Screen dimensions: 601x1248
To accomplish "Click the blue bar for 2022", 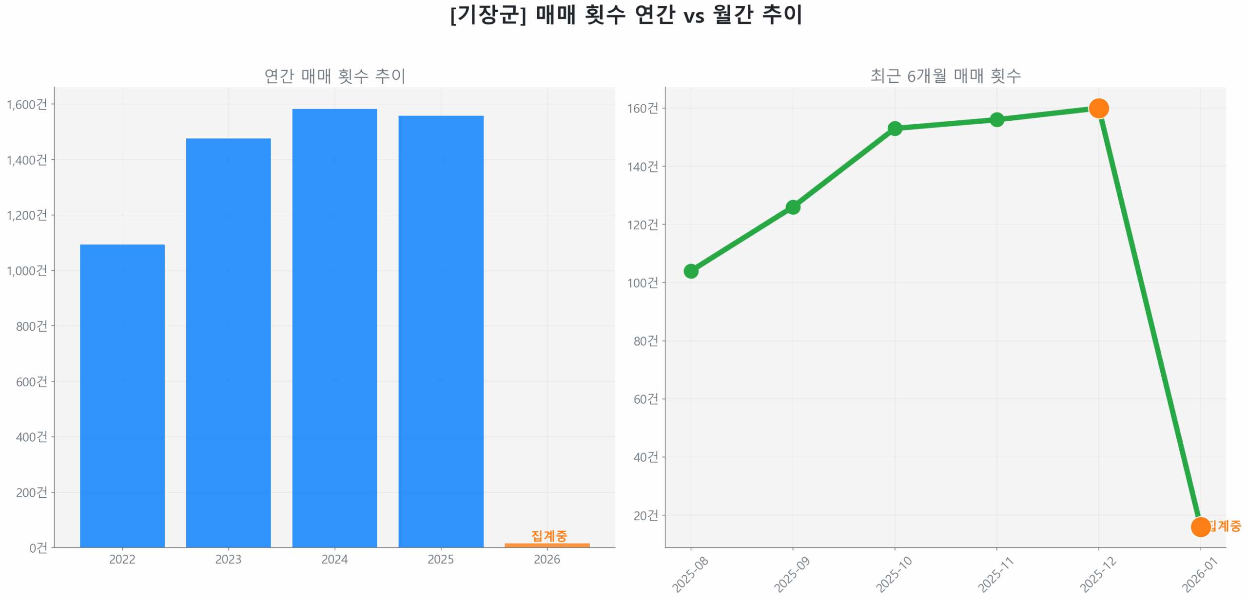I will [x=122, y=394].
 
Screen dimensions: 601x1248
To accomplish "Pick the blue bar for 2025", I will [x=440, y=331].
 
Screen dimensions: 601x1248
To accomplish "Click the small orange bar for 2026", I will [x=546, y=545].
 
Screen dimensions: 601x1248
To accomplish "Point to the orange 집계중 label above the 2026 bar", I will [x=549, y=535].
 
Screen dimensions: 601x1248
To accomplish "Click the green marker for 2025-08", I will [x=690, y=271].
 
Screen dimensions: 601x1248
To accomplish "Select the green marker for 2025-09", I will [x=792, y=207].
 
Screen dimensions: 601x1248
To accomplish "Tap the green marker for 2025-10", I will [x=894, y=129].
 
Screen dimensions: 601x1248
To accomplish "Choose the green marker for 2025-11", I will [x=996, y=119].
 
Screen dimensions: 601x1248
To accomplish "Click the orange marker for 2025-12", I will [x=1098, y=108].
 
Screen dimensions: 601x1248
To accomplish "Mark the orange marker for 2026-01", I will [x=1200, y=526].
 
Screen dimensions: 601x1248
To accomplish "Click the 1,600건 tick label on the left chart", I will [x=27, y=104].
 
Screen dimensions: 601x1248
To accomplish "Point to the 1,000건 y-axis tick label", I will [x=27, y=270].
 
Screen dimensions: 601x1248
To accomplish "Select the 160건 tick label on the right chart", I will [x=642, y=108].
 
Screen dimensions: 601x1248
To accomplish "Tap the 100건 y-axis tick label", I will [x=642, y=282].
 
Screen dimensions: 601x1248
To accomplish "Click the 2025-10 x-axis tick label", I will [x=893, y=574].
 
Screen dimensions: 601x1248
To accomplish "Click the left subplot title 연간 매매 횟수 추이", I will [x=334, y=75].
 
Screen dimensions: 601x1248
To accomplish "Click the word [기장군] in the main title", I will [x=487, y=15].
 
